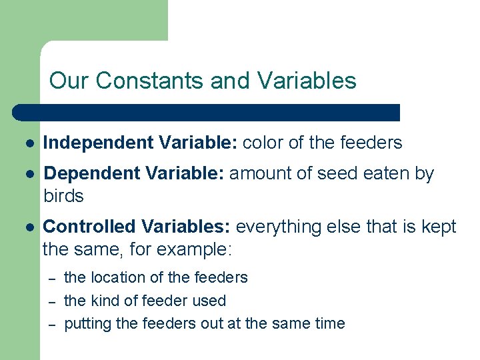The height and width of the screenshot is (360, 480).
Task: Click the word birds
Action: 63,196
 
